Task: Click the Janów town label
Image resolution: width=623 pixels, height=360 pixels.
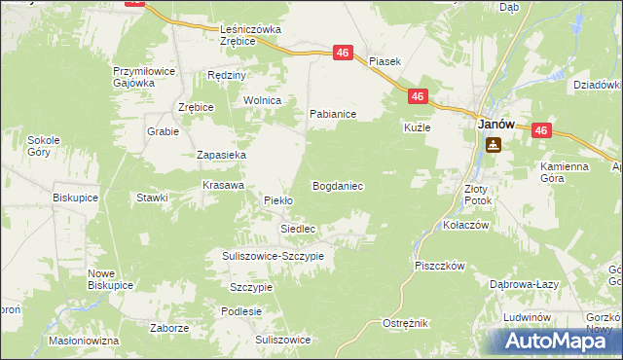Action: (495, 126)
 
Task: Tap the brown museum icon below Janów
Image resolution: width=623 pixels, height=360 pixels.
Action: (494, 146)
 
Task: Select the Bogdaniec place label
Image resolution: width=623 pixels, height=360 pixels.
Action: (338, 185)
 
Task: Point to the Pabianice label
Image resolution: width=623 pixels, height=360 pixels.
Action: (333, 114)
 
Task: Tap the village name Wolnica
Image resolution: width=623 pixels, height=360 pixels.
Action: (263, 100)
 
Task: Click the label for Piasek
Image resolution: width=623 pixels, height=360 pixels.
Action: (385, 60)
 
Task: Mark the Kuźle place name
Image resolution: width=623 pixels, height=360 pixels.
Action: (417, 127)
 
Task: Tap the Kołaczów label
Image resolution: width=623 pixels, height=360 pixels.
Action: (465, 224)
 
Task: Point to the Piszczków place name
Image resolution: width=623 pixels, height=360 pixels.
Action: (440, 265)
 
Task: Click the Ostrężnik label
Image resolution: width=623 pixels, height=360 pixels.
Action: (406, 322)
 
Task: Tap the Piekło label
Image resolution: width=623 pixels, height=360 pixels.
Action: (279, 200)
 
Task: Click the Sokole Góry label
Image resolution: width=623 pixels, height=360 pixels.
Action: (44, 146)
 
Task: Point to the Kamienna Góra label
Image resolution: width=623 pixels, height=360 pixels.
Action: (566, 172)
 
